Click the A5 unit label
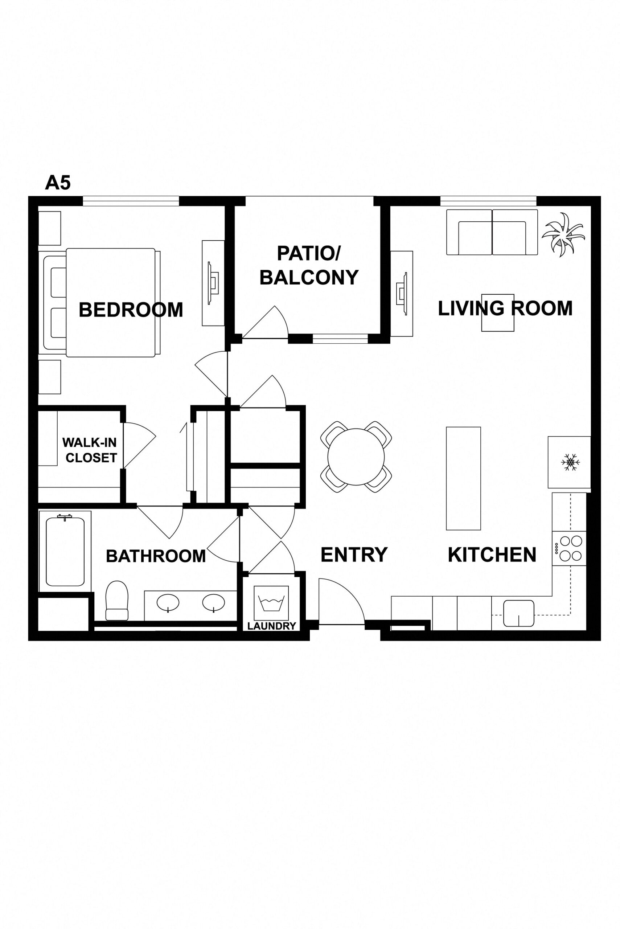tap(58, 183)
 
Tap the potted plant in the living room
tap(563, 234)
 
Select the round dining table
tap(356, 457)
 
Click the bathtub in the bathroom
tap(65, 551)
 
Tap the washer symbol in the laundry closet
tap(271, 603)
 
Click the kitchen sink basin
tap(518, 613)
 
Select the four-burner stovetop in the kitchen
tap(569, 548)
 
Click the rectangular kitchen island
tap(463, 478)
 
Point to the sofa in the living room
tap(492, 232)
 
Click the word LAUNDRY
tap(272, 626)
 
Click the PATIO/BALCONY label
tap(309, 265)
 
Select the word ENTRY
tap(354, 555)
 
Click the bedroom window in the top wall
tap(131, 201)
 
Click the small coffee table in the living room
tap(497, 312)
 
